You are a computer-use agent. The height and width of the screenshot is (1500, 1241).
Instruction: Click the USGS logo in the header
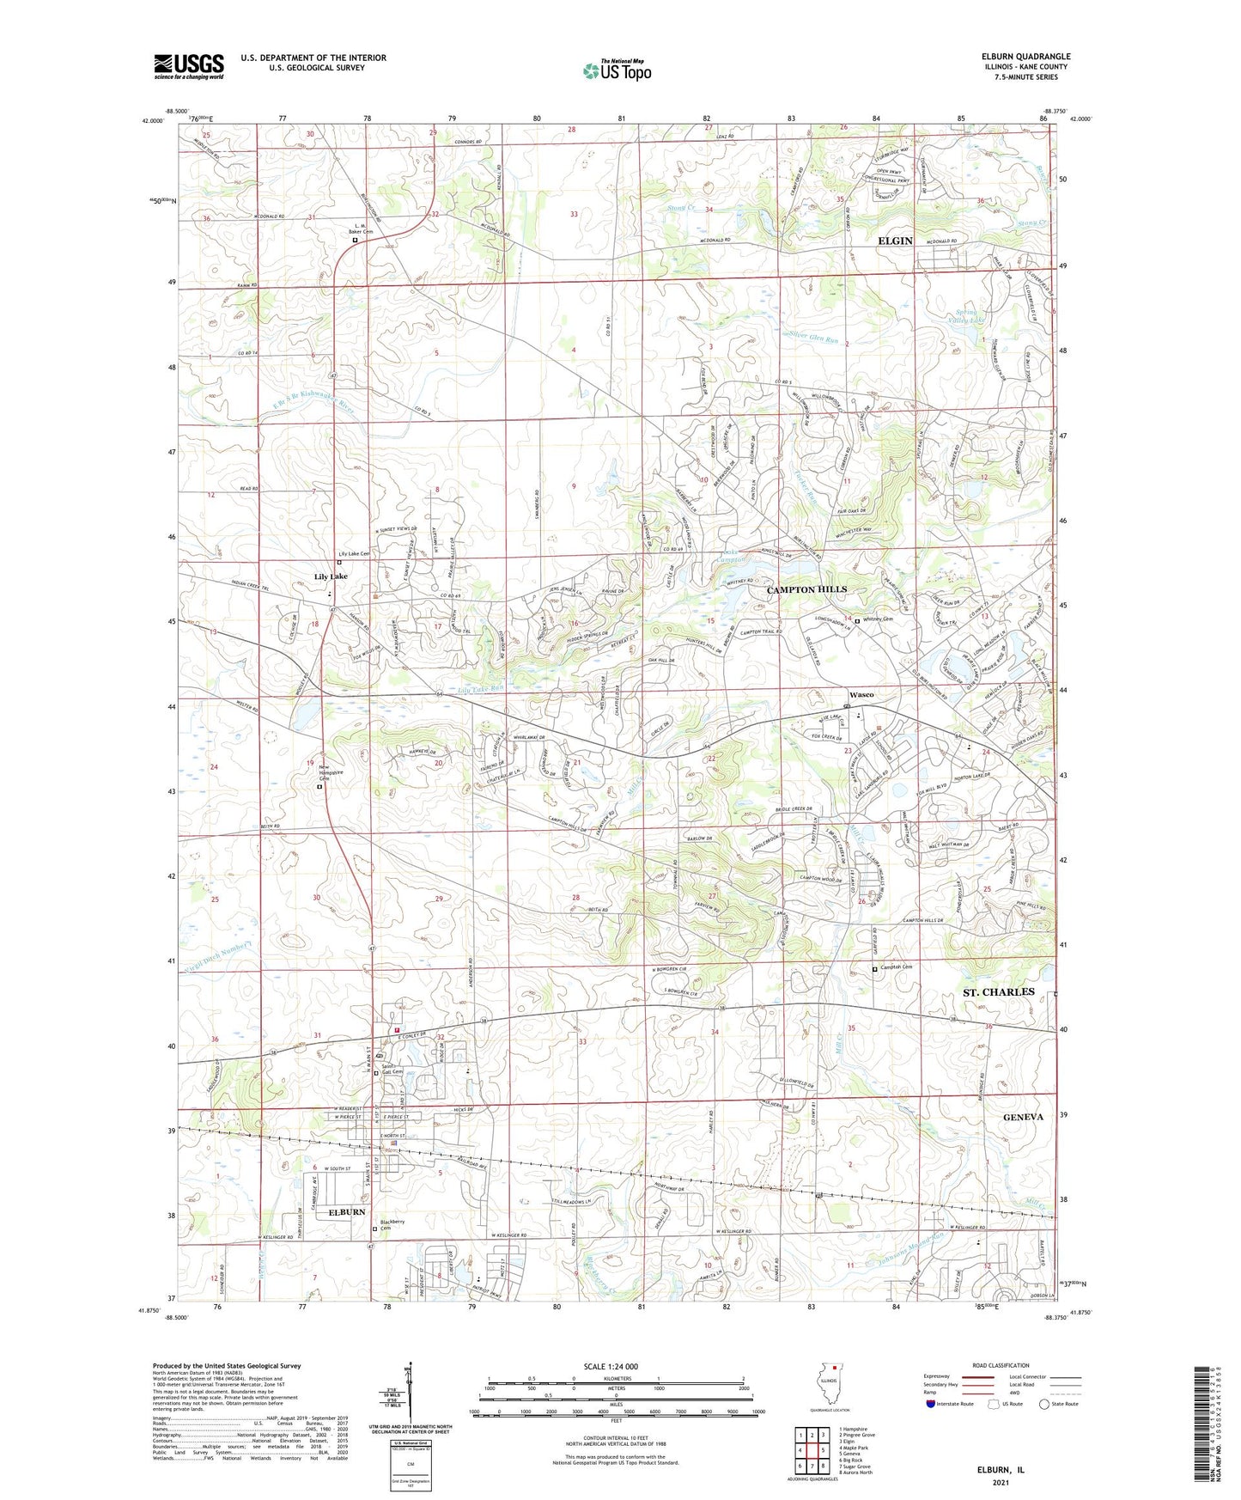pyautogui.click(x=189, y=66)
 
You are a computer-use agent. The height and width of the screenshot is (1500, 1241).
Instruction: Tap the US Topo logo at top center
pyautogui.click(x=616, y=70)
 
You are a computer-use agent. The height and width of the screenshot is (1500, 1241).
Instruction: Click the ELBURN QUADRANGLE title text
pyautogui.click(x=1025, y=57)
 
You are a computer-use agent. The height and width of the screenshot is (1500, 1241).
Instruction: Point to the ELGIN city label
pyautogui.click(x=895, y=241)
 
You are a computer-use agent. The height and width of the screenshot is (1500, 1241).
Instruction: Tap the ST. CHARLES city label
pyautogui.click(x=998, y=991)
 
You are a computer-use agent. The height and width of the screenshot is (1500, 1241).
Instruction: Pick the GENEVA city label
pyautogui.click(x=1023, y=1117)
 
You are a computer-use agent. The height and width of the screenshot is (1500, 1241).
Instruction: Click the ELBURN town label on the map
pyautogui.click(x=347, y=1212)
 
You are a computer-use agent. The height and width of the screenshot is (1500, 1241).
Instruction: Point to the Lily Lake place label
pyautogui.click(x=331, y=576)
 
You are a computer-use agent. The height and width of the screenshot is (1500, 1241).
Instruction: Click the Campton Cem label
pyautogui.click(x=896, y=968)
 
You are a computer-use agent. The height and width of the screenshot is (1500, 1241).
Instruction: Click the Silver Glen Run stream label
pyautogui.click(x=813, y=339)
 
